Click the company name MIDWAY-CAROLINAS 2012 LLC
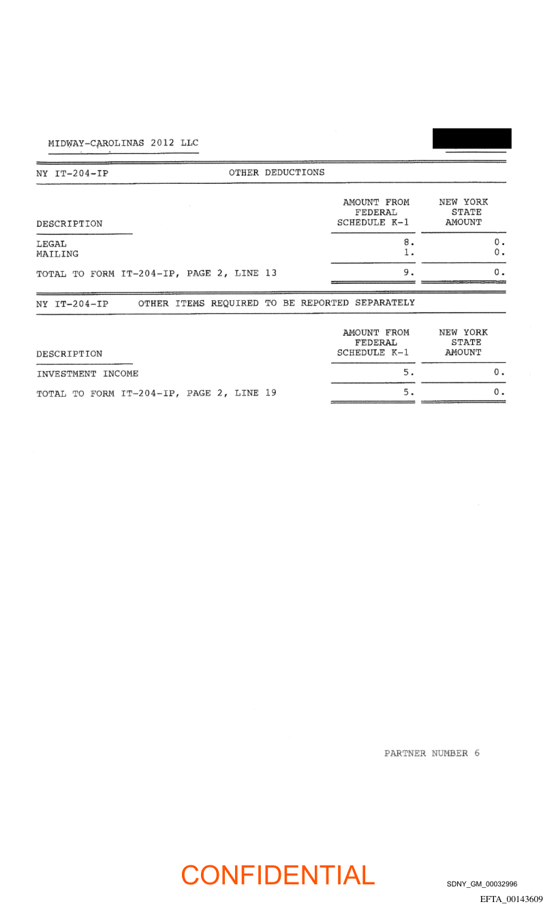(123, 144)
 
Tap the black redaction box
(472, 138)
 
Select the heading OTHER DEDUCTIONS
(277, 173)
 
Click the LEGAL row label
(52, 244)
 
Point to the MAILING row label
(57, 254)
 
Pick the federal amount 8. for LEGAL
(408, 242)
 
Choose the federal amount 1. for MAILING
(408, 253)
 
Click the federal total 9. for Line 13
(408, 272)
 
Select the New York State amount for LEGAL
(499, 242)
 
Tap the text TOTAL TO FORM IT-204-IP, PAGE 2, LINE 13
(157, 274)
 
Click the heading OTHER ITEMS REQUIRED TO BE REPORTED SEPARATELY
(276, 303)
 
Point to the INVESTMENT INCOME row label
(87, 374)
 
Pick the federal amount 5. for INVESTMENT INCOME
(408, 372)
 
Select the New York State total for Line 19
(499, 392)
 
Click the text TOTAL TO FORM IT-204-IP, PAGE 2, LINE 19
(157, 394)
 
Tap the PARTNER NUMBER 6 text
(431, 754)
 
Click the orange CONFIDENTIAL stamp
(278, 876)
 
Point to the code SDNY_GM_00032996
(482, 884)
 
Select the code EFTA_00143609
(511, 899)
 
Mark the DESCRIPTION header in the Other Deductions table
(69, 224)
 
